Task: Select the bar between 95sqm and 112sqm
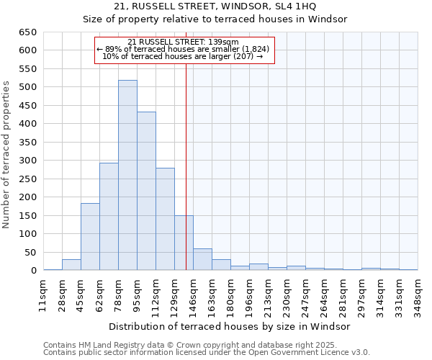(x=146, y=191)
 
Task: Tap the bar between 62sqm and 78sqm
(x=109, y=216)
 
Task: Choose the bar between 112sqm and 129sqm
(x=165, y=219)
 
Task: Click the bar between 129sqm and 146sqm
(x=184, y=243)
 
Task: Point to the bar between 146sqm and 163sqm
(x=202, y=259)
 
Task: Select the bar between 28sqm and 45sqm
(x=71, y=264)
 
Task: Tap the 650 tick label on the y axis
(x=27, y=32)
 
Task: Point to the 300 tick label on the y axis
(x=27, y=161)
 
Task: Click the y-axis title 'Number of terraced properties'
(x=7, y=155)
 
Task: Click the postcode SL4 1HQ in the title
(x=307, y=6)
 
